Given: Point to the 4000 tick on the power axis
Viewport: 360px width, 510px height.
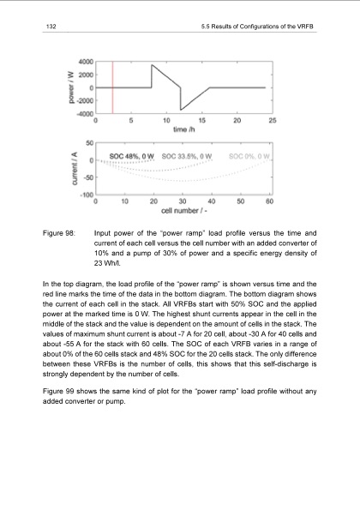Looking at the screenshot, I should click(x=85, y=62).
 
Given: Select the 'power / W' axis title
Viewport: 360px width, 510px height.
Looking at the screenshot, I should click(x=66, y=87).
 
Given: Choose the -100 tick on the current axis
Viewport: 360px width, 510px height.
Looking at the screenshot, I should click(x=86, y=195).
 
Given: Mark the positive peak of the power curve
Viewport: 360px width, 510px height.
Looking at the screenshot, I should click(x=152, y=64).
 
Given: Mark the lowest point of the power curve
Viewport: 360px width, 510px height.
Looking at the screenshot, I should click(x=181, y=109).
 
